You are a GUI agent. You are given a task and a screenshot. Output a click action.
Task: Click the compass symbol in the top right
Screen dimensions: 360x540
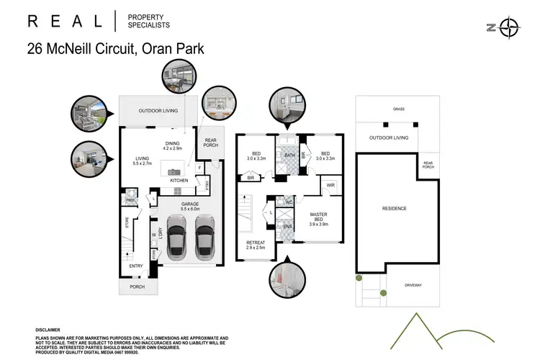click(510, 28)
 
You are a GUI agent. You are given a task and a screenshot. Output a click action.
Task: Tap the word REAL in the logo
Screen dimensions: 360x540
click(66, 21)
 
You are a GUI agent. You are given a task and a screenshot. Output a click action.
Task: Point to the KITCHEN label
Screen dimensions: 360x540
click(179, 181)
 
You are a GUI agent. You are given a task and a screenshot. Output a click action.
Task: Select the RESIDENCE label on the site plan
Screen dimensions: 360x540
click(394, 209)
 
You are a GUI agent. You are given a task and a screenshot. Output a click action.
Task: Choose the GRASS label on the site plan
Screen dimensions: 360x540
click(398, 111)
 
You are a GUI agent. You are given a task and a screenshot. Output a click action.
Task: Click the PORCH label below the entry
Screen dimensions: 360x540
click(137, 287)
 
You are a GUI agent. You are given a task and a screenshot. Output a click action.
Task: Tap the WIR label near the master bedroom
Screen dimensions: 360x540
click(331, 185)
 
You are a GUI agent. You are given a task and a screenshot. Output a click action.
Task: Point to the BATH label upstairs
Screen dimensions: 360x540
click(289, 155)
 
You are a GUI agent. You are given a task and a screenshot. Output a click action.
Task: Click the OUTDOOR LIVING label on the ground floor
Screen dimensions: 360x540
click(160, 110)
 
